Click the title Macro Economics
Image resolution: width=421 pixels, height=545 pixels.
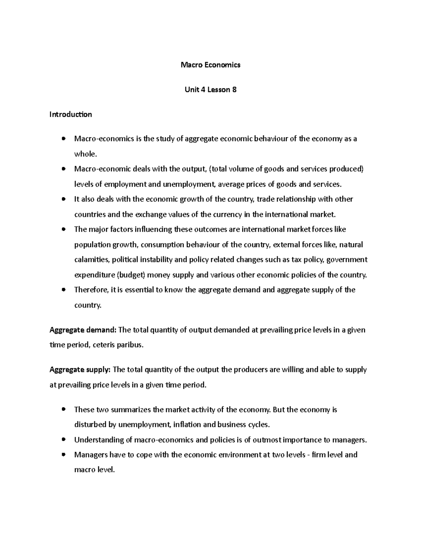[210, 65]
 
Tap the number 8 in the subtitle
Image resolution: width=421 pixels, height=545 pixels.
[234, 90]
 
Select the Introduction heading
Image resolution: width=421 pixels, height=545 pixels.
[71, 114]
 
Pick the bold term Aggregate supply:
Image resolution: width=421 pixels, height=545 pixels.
[80, 370]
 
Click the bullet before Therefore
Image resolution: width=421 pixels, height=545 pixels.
[63, 290]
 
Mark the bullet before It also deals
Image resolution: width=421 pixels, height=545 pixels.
[63, 199]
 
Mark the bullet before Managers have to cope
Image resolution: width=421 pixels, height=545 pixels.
[63, 455]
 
